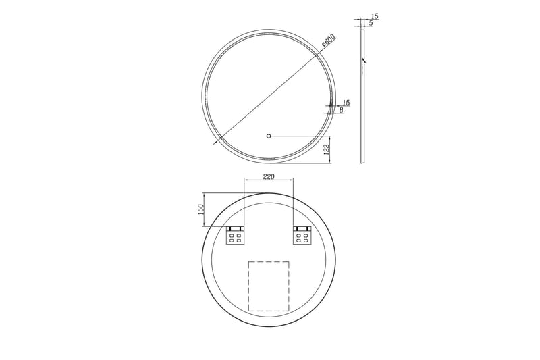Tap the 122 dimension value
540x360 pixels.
point(327,149)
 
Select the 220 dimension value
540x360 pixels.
point(269,176)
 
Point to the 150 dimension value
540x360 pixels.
point(200,210)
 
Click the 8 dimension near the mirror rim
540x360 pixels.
point(342,110)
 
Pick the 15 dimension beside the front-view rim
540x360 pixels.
point(346,103)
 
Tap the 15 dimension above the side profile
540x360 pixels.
point(375,16)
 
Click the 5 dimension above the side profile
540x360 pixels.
point(371,24)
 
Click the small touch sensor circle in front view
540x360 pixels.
point(269,136)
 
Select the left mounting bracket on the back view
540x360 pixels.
point(235,235)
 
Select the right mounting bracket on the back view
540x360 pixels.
point(302,235)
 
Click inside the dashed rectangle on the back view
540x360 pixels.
point(269,286)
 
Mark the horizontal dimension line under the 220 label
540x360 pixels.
point(269,180)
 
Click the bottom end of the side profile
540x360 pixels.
point(362,163)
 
